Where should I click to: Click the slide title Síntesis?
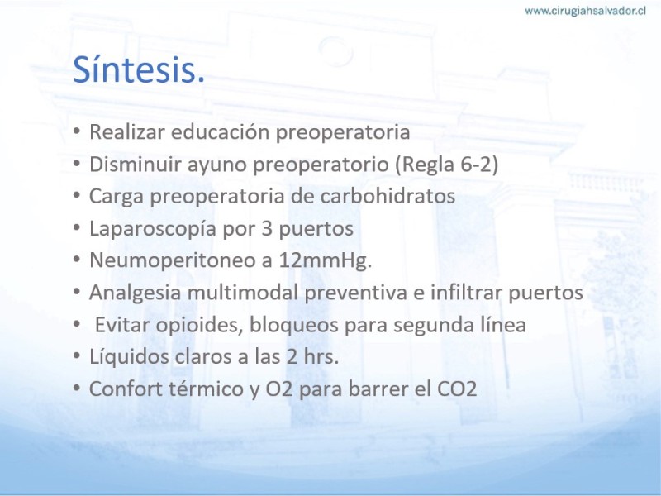[x=139, y=69]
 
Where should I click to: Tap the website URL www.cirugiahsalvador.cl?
[x=585, y=11]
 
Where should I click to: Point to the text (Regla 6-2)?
[x=447, y=164]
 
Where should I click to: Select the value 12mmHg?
[x=325, y=260]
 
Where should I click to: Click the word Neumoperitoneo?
[x=172, y=260]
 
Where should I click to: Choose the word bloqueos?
[x=294, y=325]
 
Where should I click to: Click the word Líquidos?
[x=129, y=356]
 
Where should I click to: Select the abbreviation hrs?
[x=321, y=356]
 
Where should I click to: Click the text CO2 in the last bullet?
[x=457, y=389]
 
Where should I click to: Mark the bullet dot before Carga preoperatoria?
[x=76, y=195]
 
